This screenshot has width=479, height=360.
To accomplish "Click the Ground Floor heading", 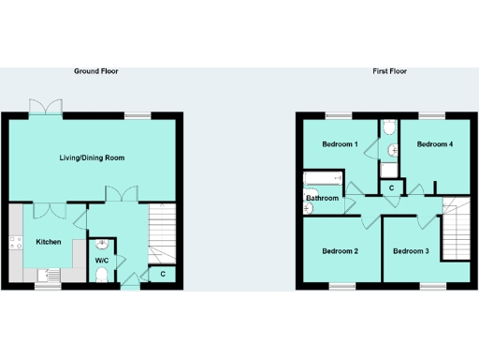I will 96,71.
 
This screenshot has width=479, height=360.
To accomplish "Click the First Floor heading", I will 388,71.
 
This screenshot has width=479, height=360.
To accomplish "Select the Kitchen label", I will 49,242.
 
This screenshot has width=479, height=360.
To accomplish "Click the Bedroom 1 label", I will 340,144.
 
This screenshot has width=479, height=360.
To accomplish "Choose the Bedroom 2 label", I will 340,251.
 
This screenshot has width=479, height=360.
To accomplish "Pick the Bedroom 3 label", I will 411,251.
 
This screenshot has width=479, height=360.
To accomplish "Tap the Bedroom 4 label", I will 434,144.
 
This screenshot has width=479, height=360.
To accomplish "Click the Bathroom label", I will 322,198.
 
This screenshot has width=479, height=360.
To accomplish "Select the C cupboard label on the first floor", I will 391,189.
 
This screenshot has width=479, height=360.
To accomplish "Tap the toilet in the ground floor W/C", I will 102,274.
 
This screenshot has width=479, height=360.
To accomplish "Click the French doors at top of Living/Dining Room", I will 46,110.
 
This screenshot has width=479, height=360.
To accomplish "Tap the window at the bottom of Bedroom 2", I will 341,284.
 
